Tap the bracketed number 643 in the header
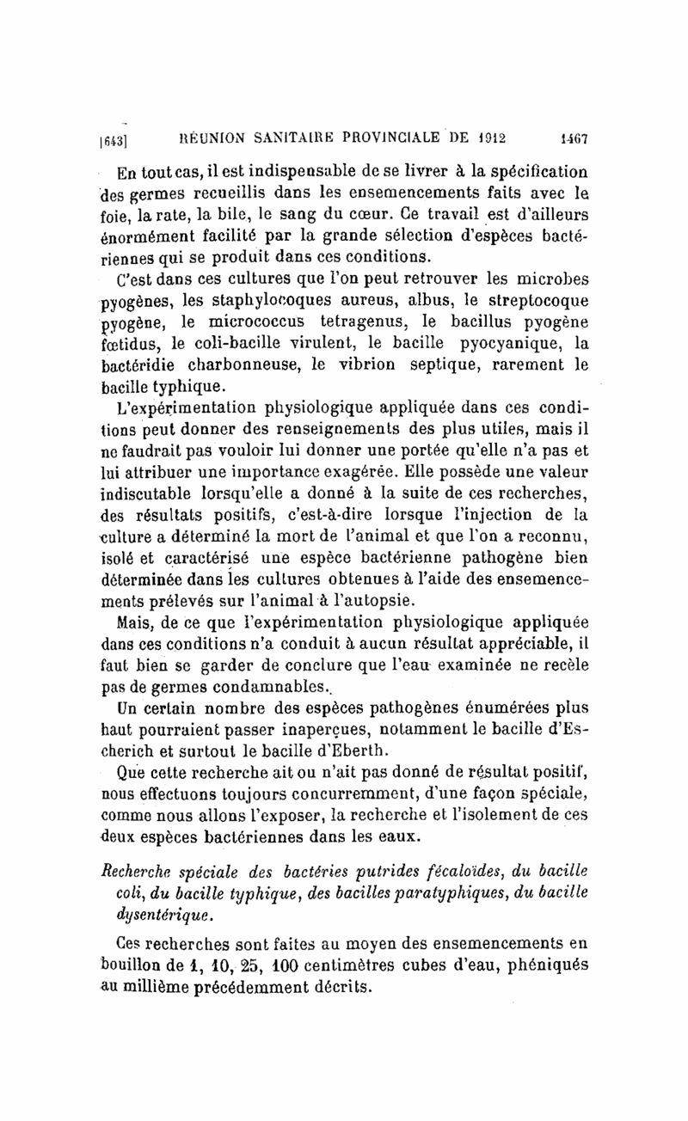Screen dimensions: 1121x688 click(115, 138)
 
